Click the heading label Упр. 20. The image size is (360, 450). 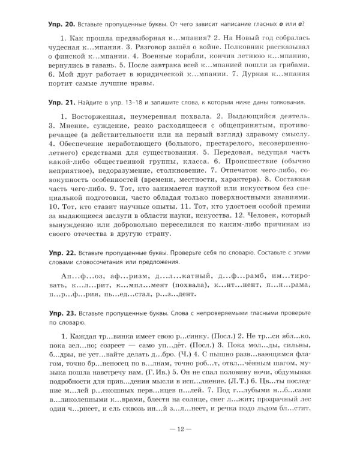(61, 23)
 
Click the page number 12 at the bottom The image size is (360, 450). (180, 430)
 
